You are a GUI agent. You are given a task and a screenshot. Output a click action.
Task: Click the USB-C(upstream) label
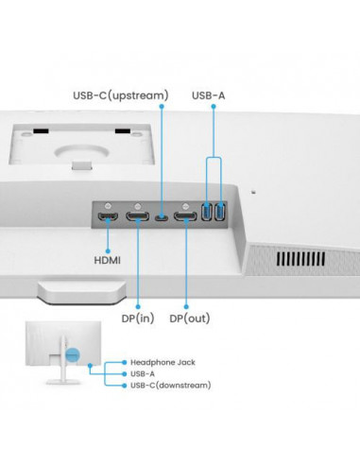[x=121, y=95]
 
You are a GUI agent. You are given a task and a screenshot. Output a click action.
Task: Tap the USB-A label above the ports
[x=208, y=95]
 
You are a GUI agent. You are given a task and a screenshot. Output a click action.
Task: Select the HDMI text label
[x=107, y=261]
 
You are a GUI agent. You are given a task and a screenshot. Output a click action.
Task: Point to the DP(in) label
[x=138, y=319]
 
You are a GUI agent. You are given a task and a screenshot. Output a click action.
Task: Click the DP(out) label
[x=190, y=319]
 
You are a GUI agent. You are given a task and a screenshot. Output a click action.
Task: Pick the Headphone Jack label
[x=163, y=362]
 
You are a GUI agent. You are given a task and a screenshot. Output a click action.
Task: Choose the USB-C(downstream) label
[x=171, y=386]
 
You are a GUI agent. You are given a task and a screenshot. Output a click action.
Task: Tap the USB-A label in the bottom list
[x=143, y=374]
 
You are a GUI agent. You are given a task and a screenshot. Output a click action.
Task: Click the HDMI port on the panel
[x=108, y=216]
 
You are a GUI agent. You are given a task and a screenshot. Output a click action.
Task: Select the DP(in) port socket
[x=138, y=216]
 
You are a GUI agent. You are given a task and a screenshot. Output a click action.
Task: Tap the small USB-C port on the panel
[x=162, y=217]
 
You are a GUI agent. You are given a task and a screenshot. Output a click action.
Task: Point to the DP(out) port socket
[x=185, y=216]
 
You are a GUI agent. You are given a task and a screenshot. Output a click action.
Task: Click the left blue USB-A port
[x=206, y=212]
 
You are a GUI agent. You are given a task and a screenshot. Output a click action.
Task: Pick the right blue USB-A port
[x=220, y=212]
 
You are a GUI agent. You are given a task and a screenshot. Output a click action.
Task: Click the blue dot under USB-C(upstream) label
[x=162, y=107]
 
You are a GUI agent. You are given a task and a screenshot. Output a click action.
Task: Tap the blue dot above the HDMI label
[x=108, y=251]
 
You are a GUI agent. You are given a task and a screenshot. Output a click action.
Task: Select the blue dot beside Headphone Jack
[x=125, y=363]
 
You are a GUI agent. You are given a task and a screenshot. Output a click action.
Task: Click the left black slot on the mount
[x=41, y=130]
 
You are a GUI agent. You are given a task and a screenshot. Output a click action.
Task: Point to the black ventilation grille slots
[x=300, y=259]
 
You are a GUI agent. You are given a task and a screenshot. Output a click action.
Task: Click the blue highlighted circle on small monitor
[x=73, y=355]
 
